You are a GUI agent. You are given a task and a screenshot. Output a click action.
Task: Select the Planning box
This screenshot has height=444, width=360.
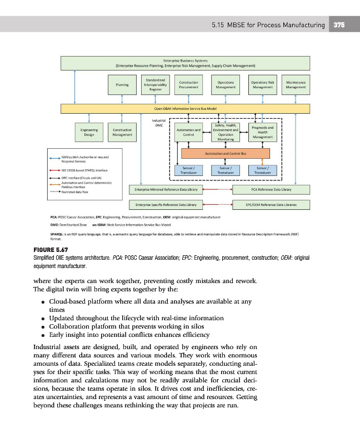(x=122, y=85)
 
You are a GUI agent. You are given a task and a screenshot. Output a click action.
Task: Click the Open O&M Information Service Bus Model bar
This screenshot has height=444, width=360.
(x=185, y=108)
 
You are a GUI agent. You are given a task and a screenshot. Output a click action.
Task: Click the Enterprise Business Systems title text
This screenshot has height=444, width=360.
(x=185, y=59)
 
